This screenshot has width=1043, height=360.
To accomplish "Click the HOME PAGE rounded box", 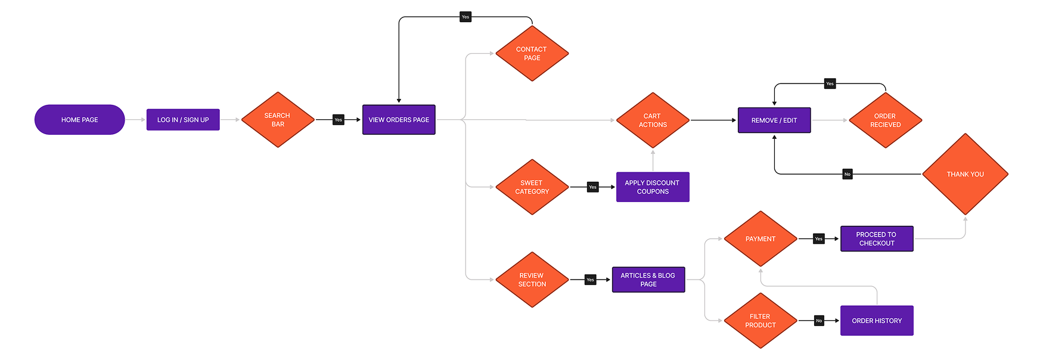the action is [80, 120].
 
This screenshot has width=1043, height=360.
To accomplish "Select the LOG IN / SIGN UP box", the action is [183, 120].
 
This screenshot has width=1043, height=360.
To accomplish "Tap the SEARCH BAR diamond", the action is [278, 120].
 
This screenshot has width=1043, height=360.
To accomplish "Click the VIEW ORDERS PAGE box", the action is [399, 120].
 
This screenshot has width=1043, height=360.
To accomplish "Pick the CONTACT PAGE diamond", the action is [532, 54].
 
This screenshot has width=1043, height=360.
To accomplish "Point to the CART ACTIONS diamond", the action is [653, 120].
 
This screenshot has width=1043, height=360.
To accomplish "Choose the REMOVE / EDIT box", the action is [774, 120].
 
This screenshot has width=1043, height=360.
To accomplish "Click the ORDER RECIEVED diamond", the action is [885, 120].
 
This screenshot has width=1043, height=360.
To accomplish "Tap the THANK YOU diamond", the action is [966, 174].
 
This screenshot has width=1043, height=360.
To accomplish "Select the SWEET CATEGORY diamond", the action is [532, 187].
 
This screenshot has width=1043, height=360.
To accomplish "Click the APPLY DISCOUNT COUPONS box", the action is [653, 187].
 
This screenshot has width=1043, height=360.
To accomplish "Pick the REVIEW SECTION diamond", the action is [532, 280].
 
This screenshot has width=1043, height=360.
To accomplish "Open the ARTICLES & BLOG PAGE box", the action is [648, 280].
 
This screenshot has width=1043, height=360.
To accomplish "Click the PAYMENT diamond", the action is [760, 239].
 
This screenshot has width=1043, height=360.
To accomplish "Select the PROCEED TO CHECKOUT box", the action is [877, 239].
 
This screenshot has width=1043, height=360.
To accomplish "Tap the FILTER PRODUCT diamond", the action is [760, 321].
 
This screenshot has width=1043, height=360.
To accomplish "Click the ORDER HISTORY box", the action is [877, 321].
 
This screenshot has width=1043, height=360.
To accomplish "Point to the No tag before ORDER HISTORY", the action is [819, 321].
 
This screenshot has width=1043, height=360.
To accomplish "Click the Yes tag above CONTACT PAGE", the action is [465, 17].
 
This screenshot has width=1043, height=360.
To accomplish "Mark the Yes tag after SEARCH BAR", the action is [339, 120].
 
